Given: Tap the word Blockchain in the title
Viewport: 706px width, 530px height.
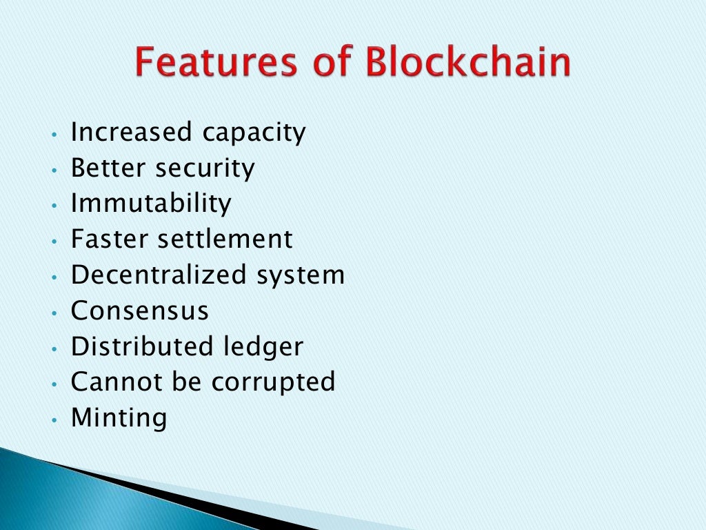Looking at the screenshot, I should click(468, 63).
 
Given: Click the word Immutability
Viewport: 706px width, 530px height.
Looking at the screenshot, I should click(151, 204).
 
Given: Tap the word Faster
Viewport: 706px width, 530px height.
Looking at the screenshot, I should click(110, 239).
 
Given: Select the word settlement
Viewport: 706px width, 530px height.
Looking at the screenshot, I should click(225, 239).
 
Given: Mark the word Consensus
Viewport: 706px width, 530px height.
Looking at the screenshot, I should click(140, 311).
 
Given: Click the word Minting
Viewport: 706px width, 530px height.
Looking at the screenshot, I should click(119, 419).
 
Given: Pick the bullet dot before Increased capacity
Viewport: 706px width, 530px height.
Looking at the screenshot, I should click(54, 134).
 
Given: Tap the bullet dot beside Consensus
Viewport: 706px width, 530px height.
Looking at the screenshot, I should click(54, 313).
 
